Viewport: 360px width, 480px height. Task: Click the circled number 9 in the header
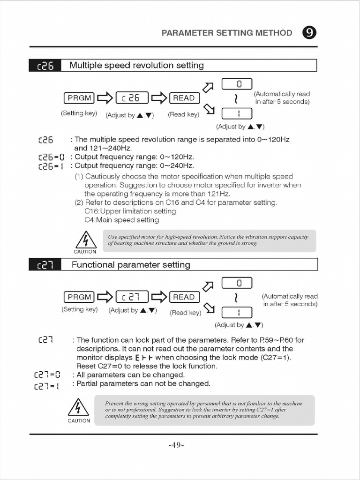pos(309,33)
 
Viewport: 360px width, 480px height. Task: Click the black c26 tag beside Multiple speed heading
pos(45,66)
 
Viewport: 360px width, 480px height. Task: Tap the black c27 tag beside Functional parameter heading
pos(45,265)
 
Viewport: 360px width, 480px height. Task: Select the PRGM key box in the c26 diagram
pos(79,98)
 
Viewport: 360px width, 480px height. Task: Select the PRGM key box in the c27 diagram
pos(79,297)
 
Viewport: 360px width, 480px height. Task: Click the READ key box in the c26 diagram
pos(184,98)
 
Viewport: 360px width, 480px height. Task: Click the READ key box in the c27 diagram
pos(184,297)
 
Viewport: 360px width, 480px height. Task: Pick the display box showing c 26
pos(132,98)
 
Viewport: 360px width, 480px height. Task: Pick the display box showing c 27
pos(132,297)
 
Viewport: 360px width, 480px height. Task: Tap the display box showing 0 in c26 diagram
pos(237,84)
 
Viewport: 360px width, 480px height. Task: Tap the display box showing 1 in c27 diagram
pos(237,312)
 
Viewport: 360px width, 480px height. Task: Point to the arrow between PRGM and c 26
pos(105,98)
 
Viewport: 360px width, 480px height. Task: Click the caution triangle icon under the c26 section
pos(85,240)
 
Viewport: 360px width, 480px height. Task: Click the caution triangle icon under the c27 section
pos(78,407)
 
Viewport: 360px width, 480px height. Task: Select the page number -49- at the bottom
pos(176,445)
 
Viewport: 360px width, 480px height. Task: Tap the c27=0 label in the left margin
pos(47,375)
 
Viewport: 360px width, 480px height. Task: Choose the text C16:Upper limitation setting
pos(130,211)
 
